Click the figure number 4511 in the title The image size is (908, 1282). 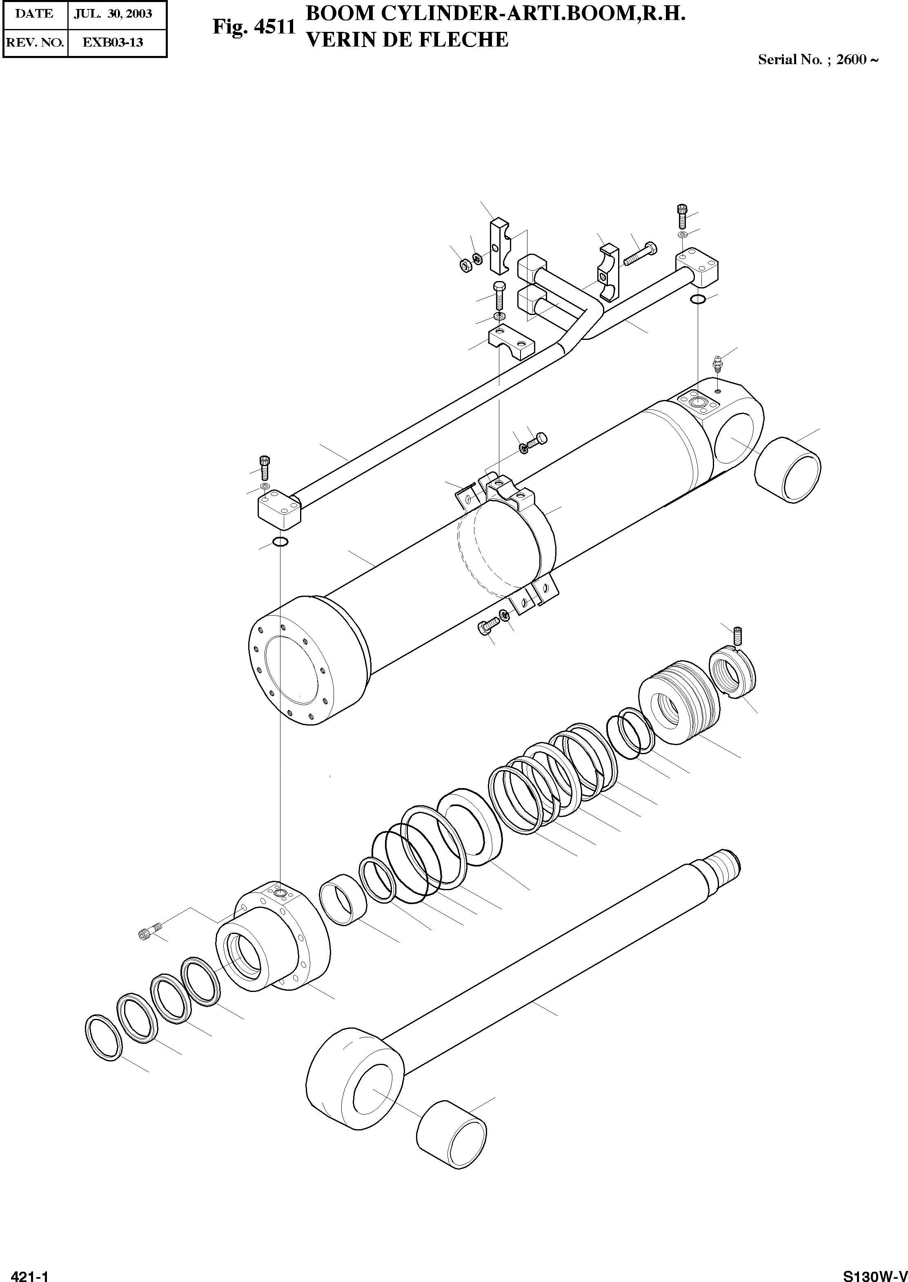[x=274, y=27]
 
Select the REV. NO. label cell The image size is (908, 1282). [x=34, y=42]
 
